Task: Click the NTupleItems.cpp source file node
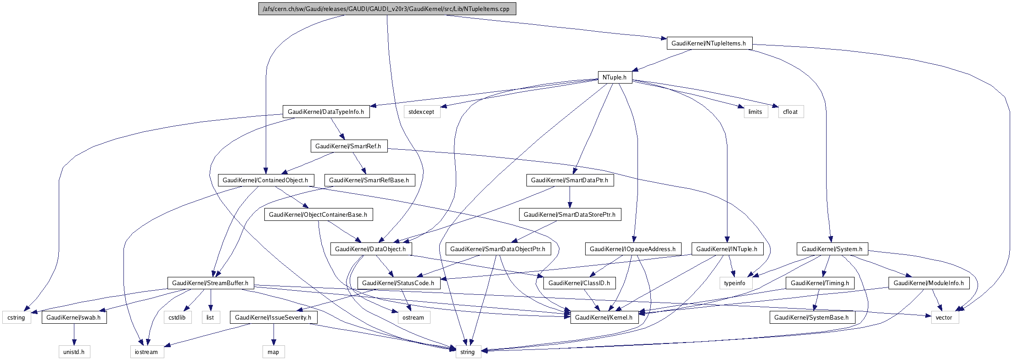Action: click(387, 9)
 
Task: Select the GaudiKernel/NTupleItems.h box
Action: click(709, 43)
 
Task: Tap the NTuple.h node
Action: click(615, 77)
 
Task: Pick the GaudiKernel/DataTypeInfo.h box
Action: click(326, 112)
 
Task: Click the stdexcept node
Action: click(421, 112)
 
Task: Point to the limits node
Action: click(755, 112)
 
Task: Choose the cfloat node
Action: click(790, 112)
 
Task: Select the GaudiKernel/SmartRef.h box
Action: click(349, 146)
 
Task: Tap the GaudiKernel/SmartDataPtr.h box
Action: click(570, 180)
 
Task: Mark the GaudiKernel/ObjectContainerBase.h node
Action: click(318, 214)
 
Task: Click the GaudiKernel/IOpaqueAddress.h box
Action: click(633, 249)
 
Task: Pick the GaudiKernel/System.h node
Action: click(832, 249)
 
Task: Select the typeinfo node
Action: click(735, 283)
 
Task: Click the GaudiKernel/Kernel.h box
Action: click(604, 317)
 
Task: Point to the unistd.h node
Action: click(74, 352)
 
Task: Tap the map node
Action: click(274, 352)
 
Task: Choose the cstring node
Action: click(17, 317)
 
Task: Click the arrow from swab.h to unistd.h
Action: click(74, 334)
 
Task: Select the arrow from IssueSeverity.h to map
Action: click(274, 334)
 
